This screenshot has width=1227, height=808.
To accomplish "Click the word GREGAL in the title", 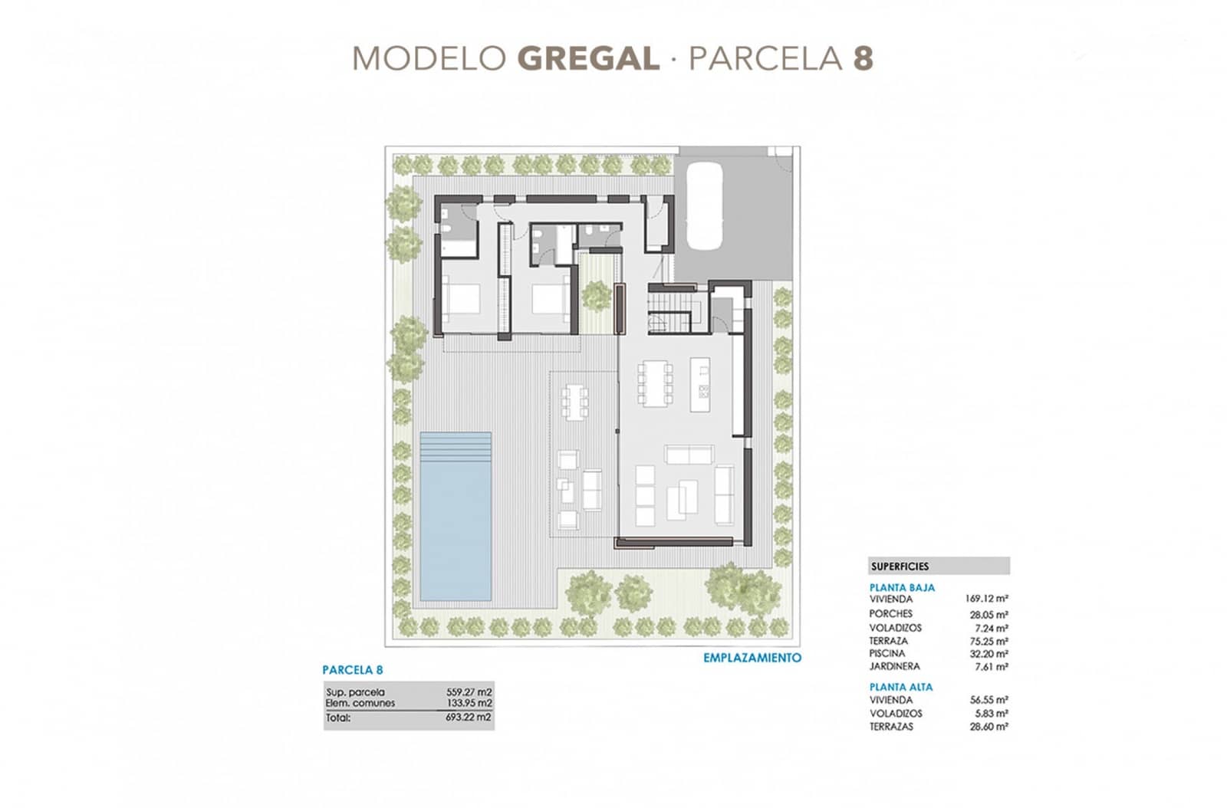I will (588, 59).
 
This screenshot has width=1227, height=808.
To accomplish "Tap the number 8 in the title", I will (863, 59).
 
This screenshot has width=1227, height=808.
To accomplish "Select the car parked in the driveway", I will (704, 205).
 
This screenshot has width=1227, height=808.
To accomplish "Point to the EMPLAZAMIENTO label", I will (752, 658).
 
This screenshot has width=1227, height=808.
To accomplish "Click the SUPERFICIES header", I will (900, 567).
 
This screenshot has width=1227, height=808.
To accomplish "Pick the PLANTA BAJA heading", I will (902, 588).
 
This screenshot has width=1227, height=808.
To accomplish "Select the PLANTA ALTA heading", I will (901, 687).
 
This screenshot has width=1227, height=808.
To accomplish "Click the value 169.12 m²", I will (986, 599).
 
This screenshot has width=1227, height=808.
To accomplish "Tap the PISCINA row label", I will (887, 654).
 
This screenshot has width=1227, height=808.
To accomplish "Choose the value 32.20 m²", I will (989, 654).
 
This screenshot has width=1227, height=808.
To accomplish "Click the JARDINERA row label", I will (894, 667).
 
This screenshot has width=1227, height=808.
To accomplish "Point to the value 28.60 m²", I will (989, 727).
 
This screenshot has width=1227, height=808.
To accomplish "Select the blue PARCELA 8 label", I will (353, 670).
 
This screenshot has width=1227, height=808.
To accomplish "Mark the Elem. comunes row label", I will (360, 702).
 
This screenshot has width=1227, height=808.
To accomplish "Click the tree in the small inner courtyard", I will (595, 294).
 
